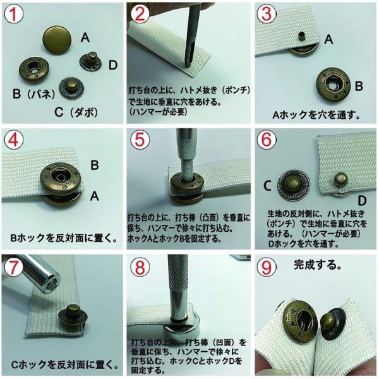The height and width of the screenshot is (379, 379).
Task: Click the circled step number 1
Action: (x=14, y=14)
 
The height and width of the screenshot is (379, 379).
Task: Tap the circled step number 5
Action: (x=140, y=140)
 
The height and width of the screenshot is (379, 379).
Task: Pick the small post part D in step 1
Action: (x=92, y=62)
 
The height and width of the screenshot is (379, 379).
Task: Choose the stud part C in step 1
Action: (x=71, y=88)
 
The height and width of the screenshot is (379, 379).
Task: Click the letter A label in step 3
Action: (x=328, y=39)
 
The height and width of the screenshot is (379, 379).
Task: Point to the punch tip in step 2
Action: (x=188, y=65)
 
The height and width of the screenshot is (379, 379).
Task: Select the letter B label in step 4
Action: (x=95, y=165)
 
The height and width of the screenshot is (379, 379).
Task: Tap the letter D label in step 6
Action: (x=362, y=201)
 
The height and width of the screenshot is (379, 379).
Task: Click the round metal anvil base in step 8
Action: (x=182, y=331)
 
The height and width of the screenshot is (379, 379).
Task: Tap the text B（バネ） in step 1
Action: (x=33, y=94)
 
